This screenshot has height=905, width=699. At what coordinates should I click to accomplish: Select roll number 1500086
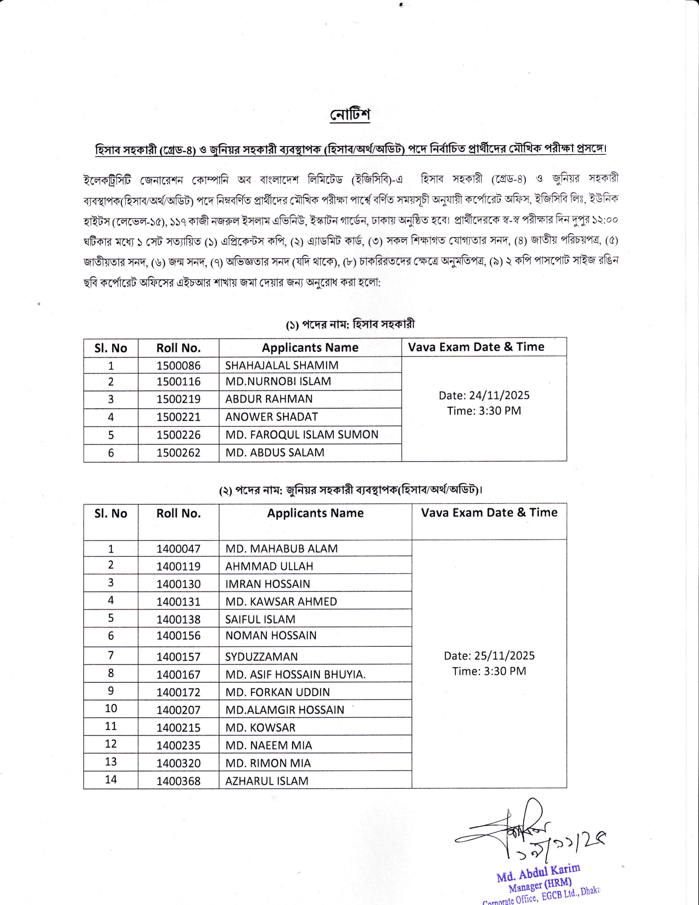tap(178, 365)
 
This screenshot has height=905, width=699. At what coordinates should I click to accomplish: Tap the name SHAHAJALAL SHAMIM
tap(282, 365)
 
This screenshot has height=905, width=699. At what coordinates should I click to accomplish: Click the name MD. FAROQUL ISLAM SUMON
tap(302, 435)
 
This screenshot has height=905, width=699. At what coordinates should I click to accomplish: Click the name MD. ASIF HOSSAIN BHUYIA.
tap(295, 675)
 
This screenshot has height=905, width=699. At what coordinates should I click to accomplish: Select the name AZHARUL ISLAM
tap(267, 781)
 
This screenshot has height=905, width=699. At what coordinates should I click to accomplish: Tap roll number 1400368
tap(178, 781)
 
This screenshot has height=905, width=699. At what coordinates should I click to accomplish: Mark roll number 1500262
tap(178, 452)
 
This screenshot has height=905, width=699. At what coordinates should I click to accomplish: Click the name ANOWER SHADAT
tap(271, 417)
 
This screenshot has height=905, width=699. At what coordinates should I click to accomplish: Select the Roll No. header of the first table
tap(178, 348)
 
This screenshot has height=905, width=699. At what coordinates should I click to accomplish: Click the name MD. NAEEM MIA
tap(268, 745)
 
